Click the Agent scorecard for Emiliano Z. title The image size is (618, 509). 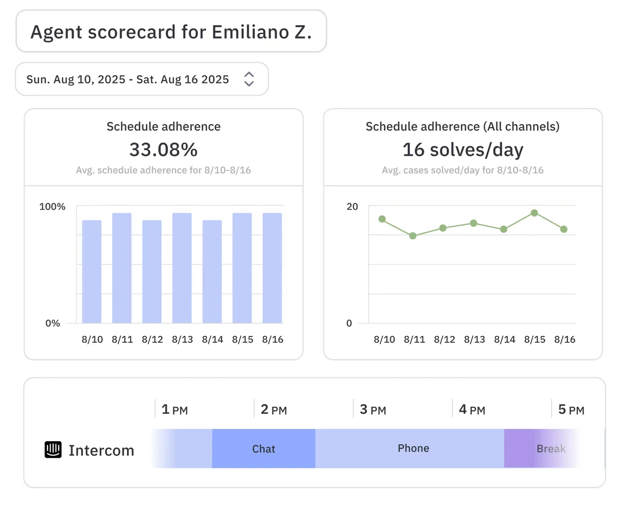pyautogui.click(x=170, y=32)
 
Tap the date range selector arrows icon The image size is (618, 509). pyautogui.click(x=249, y=79)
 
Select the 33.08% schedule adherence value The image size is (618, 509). pyautogui.click(x=163, y=150)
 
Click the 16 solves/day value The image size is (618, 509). pyautogui.click(x=462, y=150)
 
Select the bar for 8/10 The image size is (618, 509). pyautogui.click(x=92, y=271)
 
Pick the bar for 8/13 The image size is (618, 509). pyautogui.click(x=182, y=268)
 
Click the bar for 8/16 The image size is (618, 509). pyautogui.click(x=272, y=268)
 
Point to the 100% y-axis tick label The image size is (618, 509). pyautogui.click(x=53, y=207)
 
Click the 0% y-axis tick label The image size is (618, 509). pyautogui.click(x=53, y=323)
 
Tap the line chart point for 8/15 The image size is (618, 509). pyautogui.click(x=534, y=213)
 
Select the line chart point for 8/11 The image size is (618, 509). pyautogui.click(x=413, y=236)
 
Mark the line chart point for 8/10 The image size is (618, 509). pyautogui.click(x=382, y=219)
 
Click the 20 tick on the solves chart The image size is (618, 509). pyautogui.click(x=352, y=207)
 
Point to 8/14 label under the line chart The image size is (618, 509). pyautogui.click(x=504, y=340)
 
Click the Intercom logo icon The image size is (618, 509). pyautogui.click(x=53, y=450)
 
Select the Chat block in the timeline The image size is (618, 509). pyautogui.click(x=263, y=449)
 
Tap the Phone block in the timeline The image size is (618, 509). pyautogui.click(x=413, y=448)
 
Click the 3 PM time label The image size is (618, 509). pyautogui.click(x=372, y=410)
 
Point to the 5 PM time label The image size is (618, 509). pyautogui.click(x=571, y=410)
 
